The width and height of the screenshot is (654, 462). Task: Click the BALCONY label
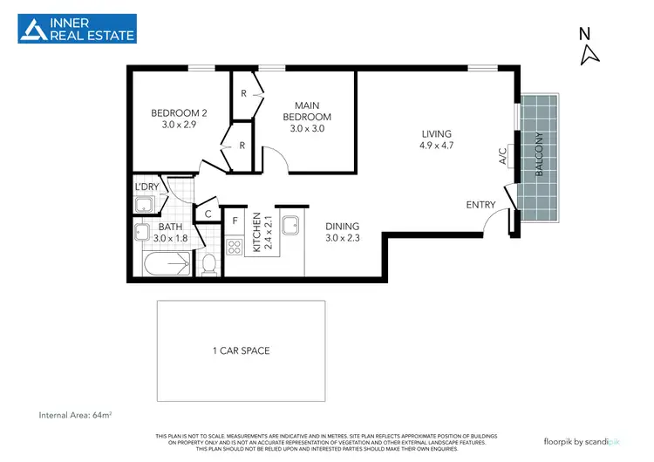[x=540, y=155]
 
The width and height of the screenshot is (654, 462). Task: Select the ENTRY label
[x=480, y=205]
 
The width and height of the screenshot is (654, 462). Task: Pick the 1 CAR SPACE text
[x=241, y=350]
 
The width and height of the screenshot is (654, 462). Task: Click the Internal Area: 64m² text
[x=79, y=414]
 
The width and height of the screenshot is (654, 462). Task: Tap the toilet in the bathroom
[x=208, y=262]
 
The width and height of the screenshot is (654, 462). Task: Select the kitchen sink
[x=290, y=223]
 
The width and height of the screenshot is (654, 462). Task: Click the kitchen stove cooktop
[x=235, y=246]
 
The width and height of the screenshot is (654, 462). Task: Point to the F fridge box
[x=235, y=221]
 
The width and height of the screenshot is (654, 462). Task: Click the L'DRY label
[x=145, y=187]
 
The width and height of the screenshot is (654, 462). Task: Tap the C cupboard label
[x=208, y=214]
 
